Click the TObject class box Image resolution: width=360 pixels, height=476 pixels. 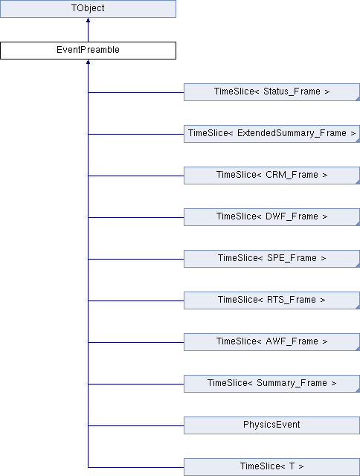point(88,8)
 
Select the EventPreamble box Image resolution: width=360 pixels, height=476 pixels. point(88,51)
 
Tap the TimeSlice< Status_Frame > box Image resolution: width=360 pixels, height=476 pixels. point(271,92)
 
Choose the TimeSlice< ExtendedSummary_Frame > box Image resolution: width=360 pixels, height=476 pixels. point(271,134)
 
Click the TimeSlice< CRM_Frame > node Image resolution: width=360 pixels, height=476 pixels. point(271,176)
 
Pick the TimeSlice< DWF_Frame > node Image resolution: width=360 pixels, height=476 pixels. point(271,217)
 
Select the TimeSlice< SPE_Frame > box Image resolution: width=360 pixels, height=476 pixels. point(271,259)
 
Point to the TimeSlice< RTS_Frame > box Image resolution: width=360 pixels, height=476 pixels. point(271,300)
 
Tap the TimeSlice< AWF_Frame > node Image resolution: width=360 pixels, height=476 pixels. point(271,342)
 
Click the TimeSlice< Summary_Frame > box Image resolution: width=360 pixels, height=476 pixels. point(271,384)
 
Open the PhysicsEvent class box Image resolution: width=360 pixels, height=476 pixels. point(271,425)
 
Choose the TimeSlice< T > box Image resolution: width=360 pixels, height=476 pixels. point(271,467)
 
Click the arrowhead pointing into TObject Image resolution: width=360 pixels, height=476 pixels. point(88,20)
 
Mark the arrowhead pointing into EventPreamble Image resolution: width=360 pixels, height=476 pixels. point(88,62)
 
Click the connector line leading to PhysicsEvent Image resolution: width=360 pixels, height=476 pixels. point(136,425)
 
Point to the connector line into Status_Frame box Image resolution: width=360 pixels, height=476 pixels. point(136,92)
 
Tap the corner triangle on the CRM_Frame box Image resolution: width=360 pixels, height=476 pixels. point(358,181)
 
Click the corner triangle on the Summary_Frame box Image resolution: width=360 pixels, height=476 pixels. point(358,390)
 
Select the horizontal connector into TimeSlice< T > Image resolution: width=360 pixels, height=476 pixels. point(136,467)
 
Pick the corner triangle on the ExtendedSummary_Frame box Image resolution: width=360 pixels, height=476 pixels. point(358,141)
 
